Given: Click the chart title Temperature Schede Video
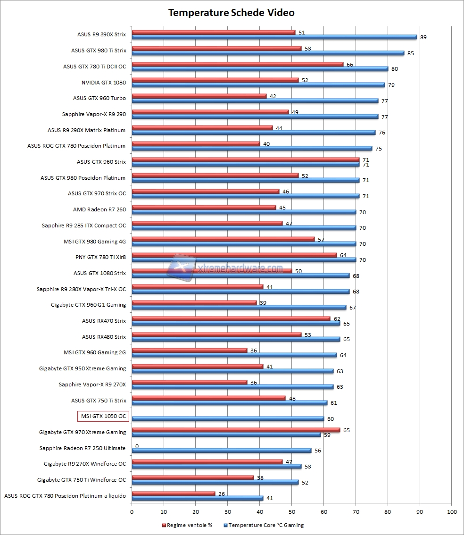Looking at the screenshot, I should [x=232, y=13].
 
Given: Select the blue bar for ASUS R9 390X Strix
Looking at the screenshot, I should [x=274, y=37].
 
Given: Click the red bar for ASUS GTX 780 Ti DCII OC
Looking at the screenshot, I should [x=238, y=64].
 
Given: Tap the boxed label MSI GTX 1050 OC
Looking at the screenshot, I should [x=103, y=416].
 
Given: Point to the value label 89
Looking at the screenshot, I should [x=423, y=37].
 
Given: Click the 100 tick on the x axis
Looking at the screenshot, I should [x=451, y=511].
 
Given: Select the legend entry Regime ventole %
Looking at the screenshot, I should [x=187, y=525].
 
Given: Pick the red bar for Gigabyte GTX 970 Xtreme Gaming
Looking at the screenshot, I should [x=236, y=430].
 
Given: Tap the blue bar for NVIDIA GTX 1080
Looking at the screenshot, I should [x=258, y=85].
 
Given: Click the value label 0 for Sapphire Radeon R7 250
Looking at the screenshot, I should [x=137, y=446].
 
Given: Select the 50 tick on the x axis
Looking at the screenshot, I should [x=292, y=511].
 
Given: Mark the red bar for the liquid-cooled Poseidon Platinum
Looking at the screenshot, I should [x=174, y=493].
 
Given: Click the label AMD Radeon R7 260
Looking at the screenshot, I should [x=99, y=209].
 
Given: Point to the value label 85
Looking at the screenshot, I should [x=410, y=53].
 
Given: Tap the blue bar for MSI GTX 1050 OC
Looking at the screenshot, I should [x=228, y=418].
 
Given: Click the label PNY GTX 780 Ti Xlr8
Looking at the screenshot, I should [x=100, y=257].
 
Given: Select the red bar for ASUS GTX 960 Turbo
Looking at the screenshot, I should [x=199, y=96].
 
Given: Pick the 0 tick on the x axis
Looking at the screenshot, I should [x=132, y=511].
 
